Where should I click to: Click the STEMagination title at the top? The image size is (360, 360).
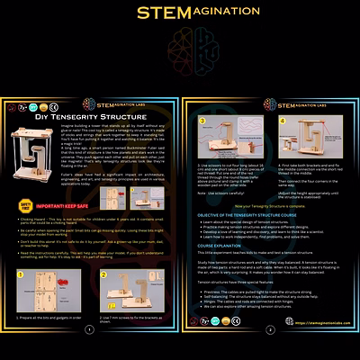coord(180,13)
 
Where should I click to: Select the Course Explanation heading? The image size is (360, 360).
coord(225,246)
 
